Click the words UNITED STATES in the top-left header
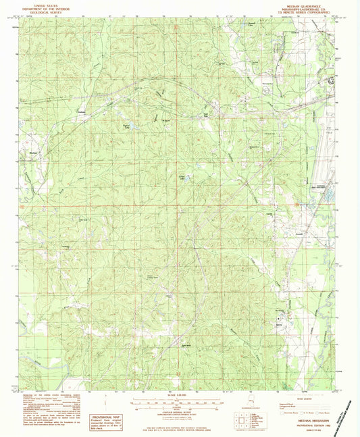click(x=41, y=3)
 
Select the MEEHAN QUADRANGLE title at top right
click(x=305, y=3)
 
